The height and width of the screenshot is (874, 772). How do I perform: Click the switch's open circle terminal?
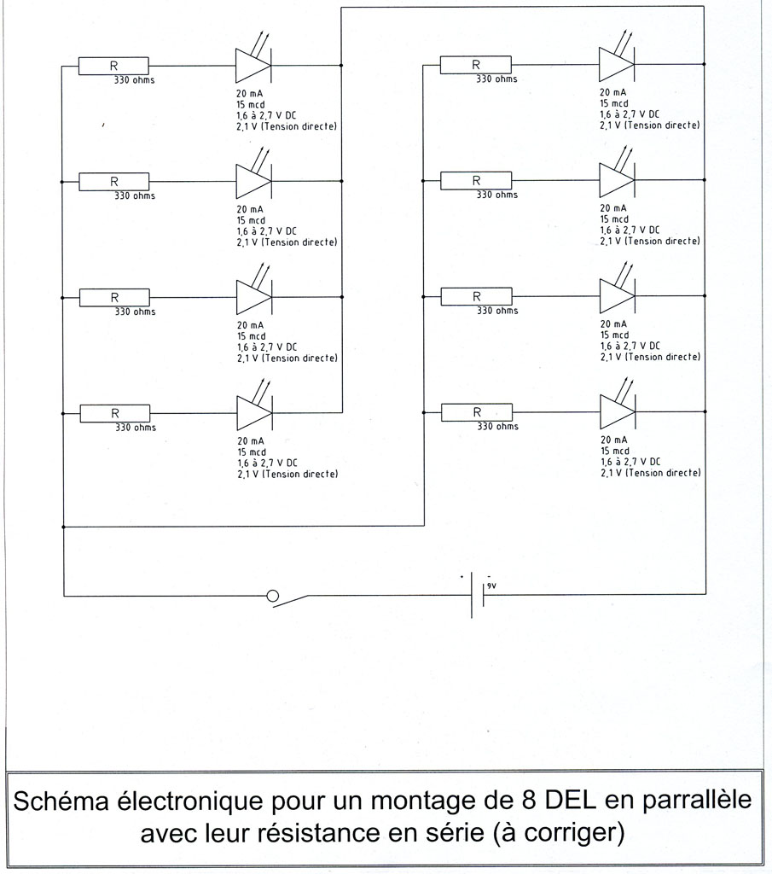[273, 596]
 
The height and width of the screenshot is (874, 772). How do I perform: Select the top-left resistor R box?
[113, 66]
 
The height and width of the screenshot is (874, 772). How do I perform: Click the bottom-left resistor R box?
[114, 413]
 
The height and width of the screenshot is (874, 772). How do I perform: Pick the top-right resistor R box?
[476, 65]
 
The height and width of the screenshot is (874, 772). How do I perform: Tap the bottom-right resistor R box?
[476, 412]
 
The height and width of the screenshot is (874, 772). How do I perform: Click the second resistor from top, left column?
[113, 182]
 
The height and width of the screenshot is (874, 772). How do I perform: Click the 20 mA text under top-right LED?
[614, 91]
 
